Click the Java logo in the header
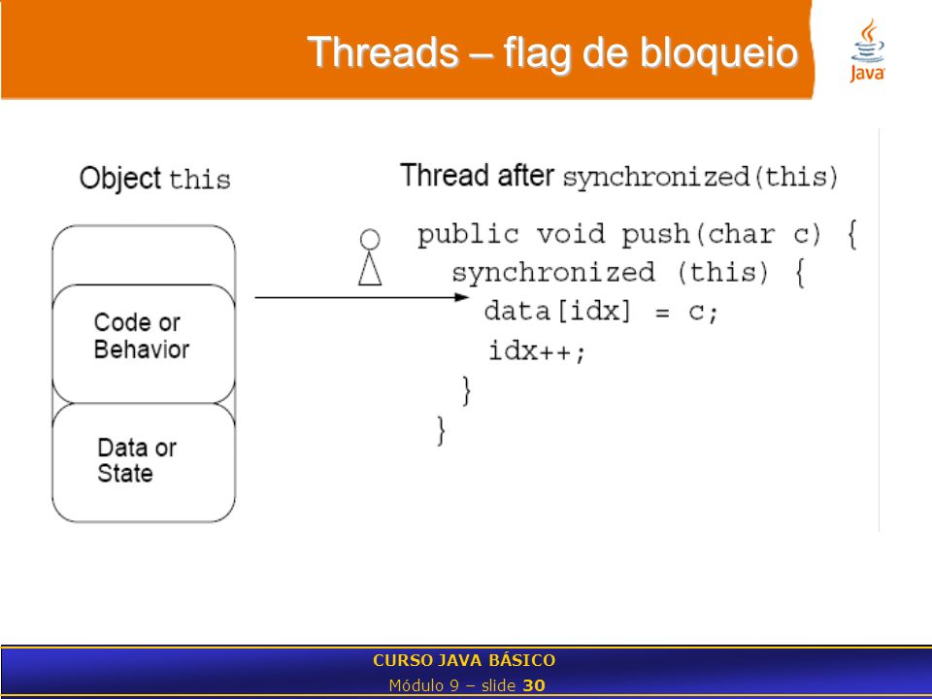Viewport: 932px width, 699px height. [x=867, y=50]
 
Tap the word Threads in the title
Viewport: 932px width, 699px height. [x=383, y=51]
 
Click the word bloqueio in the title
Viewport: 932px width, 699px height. [x=718, y=52]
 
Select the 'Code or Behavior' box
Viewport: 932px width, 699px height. [x=144, y=344]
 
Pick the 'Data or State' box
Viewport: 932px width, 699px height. [x=144, y=463]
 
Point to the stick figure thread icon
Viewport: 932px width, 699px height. [x=370, y=256]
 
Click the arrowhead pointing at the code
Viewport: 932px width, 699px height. [x=462, y=297]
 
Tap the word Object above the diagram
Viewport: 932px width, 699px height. [x=120, y=179]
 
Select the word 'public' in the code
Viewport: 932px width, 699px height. [x=468, y=235]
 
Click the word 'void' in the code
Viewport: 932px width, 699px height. [x=570, y=234]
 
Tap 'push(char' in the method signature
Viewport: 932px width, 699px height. [x=698, y=235]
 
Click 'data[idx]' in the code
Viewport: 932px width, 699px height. [x=557, y=312]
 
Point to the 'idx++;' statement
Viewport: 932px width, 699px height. [x=537, y=350]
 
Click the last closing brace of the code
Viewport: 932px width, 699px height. [x=441, y=430]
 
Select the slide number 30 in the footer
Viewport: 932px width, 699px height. [x=534, y=685]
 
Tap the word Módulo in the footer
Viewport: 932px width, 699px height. [x=416, y=685]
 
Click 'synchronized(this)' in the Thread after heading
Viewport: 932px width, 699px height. [x=700, y=178]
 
